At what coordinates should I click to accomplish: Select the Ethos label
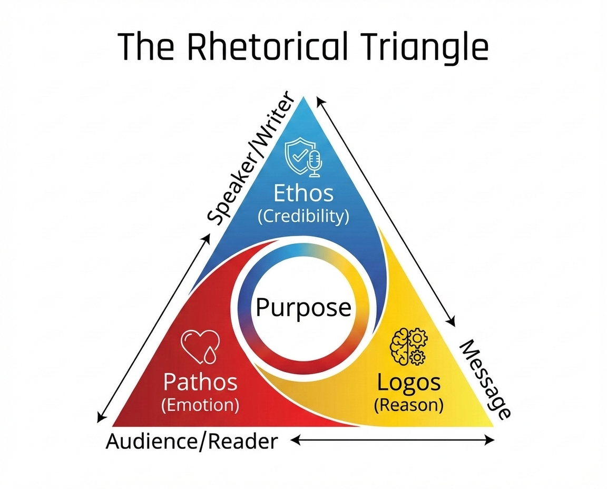click(303, 193)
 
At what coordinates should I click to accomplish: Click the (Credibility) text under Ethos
click(303, 216)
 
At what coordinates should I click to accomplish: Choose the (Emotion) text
click(200, 405)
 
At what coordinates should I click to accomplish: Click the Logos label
click(408, 383)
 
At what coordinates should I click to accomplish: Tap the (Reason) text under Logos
click(408, 405)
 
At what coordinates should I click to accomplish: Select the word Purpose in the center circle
click(303, 307)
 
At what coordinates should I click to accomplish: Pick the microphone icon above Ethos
click(315, 163)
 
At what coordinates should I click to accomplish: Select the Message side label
click(485, 379)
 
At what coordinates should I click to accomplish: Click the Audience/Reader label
click(192, 441)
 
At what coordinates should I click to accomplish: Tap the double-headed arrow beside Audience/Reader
click(393, 440)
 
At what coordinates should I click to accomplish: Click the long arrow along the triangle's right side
click(386, 211)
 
